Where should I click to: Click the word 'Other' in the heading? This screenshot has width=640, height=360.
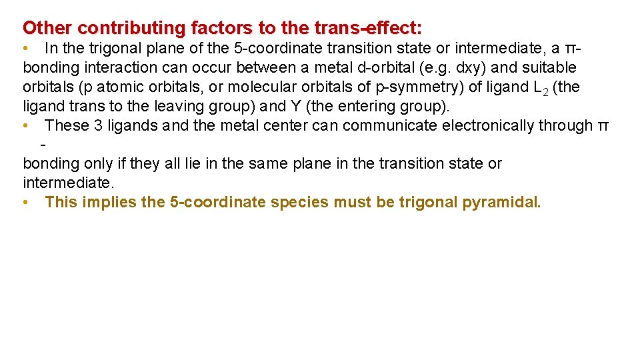pos(47,28)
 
